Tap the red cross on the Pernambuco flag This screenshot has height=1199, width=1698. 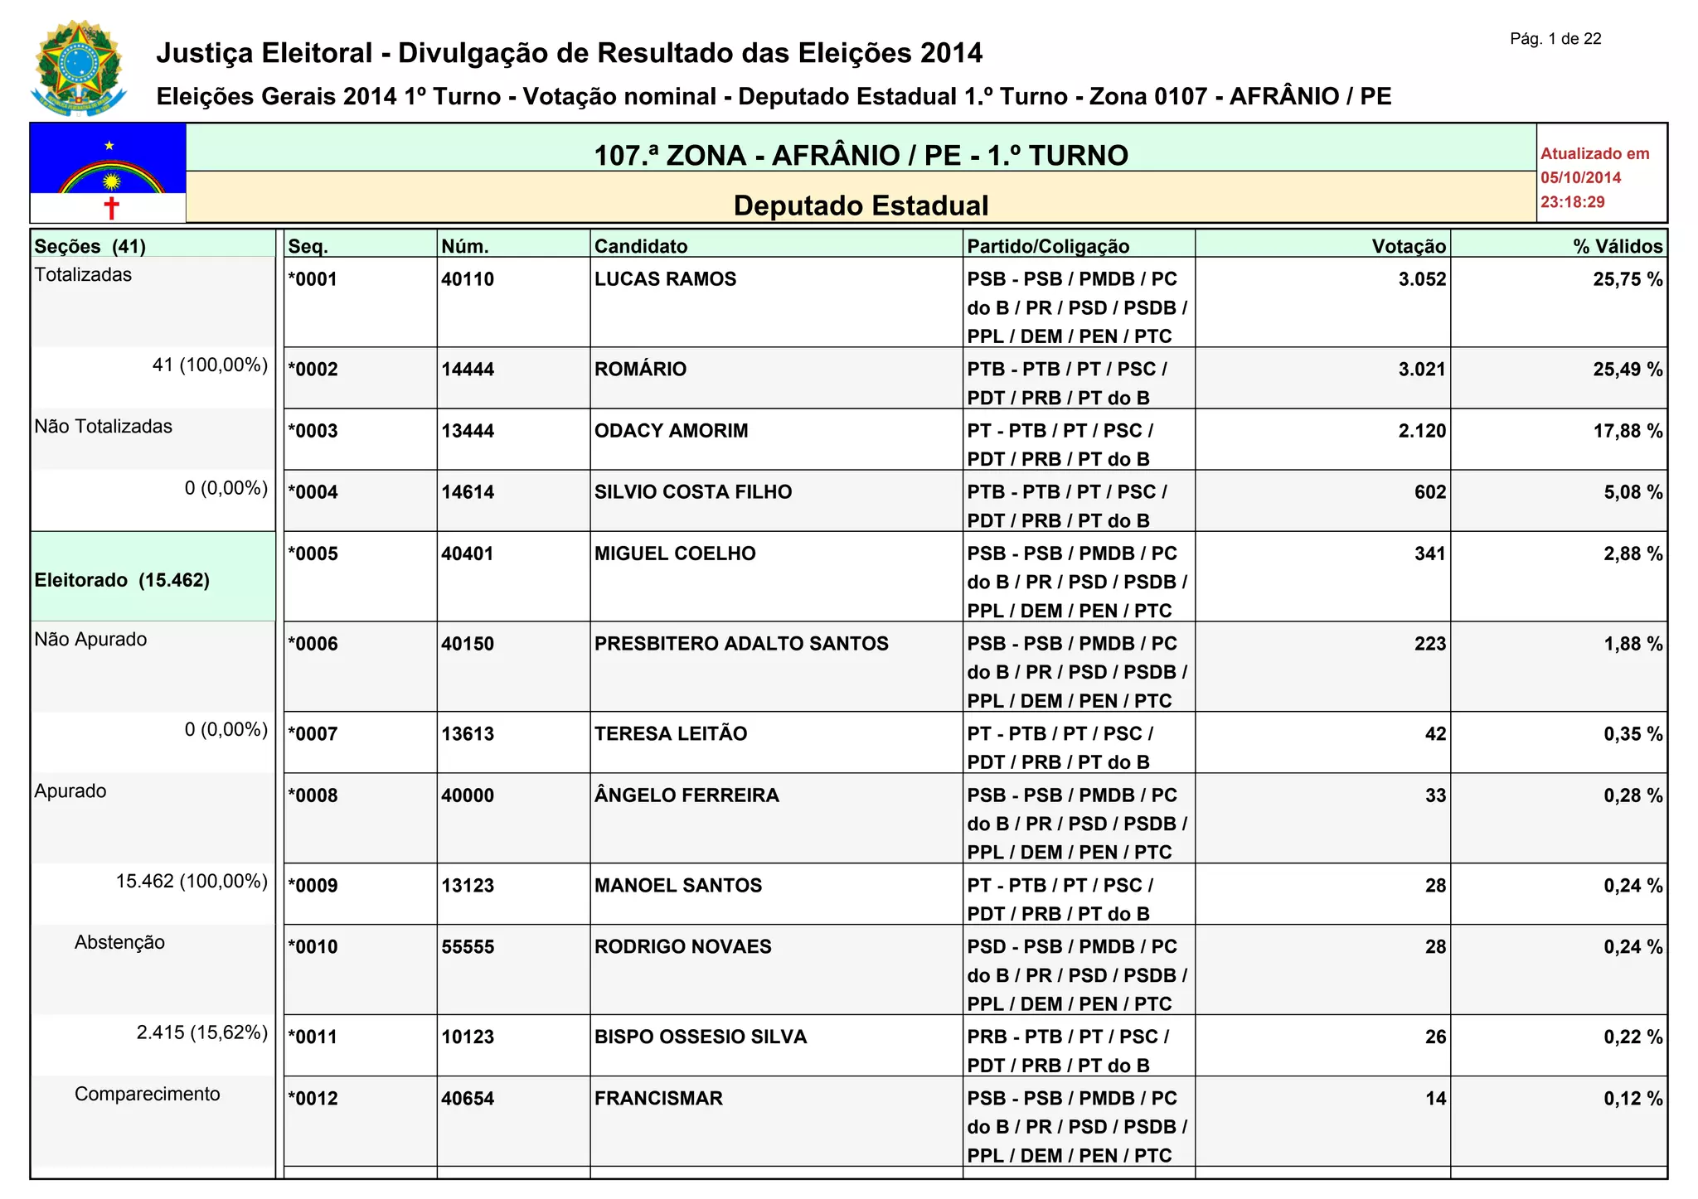tap(111, 207)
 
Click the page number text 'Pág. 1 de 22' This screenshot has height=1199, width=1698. tap(1555, 39)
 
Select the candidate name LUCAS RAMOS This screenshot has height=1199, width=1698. tap(665, 279)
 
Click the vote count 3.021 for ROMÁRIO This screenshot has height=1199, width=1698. tap(1422, 370)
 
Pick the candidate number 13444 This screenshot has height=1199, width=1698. tap(468, 431)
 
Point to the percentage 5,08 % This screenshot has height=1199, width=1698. tap(1633, 492)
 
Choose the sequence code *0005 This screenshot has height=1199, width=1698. tap(313, 554)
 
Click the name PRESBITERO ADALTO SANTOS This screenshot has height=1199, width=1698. tap(741, 644)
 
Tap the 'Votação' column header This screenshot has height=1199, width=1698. tap(1409, 246)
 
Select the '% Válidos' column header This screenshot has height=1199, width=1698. tap(1618, 246)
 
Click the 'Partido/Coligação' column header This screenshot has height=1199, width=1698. tap(1048, 246)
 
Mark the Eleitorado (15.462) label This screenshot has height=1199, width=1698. tap(122, 580)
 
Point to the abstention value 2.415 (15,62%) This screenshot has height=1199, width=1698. tap(202, 1032)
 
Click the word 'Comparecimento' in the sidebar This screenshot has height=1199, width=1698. tap(148, 1094)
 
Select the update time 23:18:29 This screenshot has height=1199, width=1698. tap(1572, 202)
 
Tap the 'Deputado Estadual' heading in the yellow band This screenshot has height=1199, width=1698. tap(861, 205)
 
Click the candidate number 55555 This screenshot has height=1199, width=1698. tap(468, 947)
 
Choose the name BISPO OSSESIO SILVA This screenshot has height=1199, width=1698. tap(701, 1037)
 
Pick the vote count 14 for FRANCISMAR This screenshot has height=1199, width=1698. tap(1435, 1099)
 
